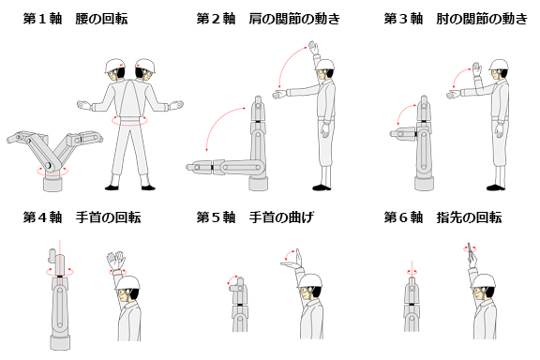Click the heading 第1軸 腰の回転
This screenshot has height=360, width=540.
[75, 19]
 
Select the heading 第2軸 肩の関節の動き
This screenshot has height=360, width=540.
[268, 19]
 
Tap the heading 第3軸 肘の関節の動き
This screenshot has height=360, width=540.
[456, 19]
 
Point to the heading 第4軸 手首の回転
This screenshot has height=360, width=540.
[82, 217]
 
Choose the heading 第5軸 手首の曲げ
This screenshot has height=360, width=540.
[255, 217]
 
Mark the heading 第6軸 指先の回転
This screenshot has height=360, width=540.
[442, 217]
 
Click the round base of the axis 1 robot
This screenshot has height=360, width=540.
[53, 183]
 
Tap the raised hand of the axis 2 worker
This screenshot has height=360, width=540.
[314, 47]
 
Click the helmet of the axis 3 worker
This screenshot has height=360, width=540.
[499, 65]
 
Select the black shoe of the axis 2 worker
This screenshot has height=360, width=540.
[322, 187]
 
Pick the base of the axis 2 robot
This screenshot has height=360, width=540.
[259, 183]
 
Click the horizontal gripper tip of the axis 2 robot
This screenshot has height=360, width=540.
[199, 168]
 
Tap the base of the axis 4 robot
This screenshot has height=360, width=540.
[60, 342]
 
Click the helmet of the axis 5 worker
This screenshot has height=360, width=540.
[309, 280]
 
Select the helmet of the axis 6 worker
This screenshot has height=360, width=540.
[484, 280]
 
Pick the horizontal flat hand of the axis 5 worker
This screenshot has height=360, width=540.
[291, 264]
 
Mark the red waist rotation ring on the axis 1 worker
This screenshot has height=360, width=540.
[129, 121]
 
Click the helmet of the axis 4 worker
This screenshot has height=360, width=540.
[127, 282]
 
